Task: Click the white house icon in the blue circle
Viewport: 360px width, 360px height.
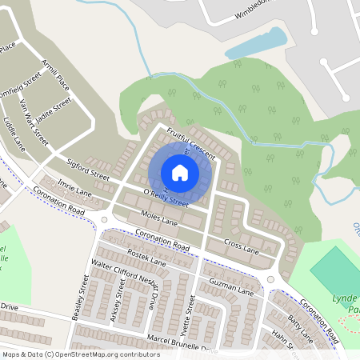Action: tap(180, 172)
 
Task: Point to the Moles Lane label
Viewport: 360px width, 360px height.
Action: tap(136, 215)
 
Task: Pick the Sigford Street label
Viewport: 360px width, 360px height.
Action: tap(88, 167)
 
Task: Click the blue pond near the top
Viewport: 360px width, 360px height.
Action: tap(256, 44)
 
